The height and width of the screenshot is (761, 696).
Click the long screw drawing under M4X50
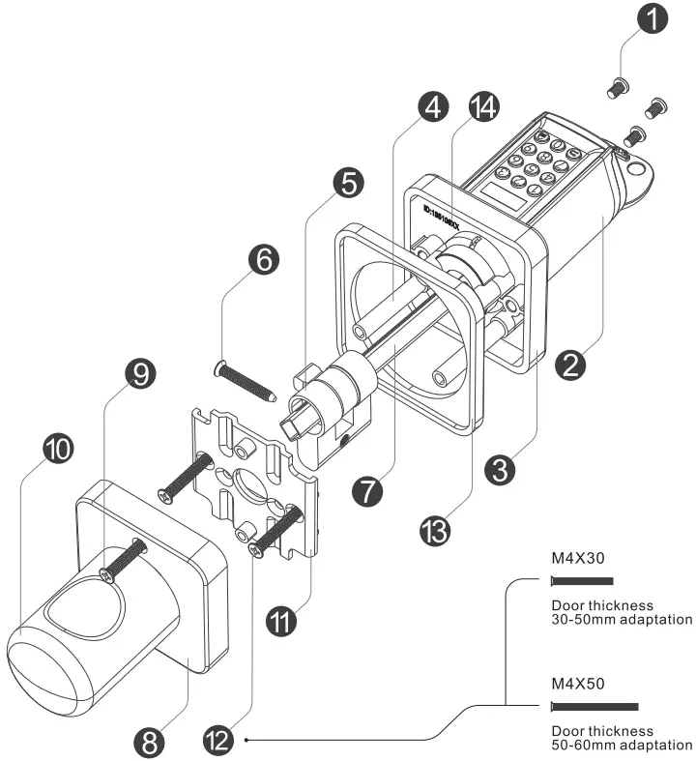594,708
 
